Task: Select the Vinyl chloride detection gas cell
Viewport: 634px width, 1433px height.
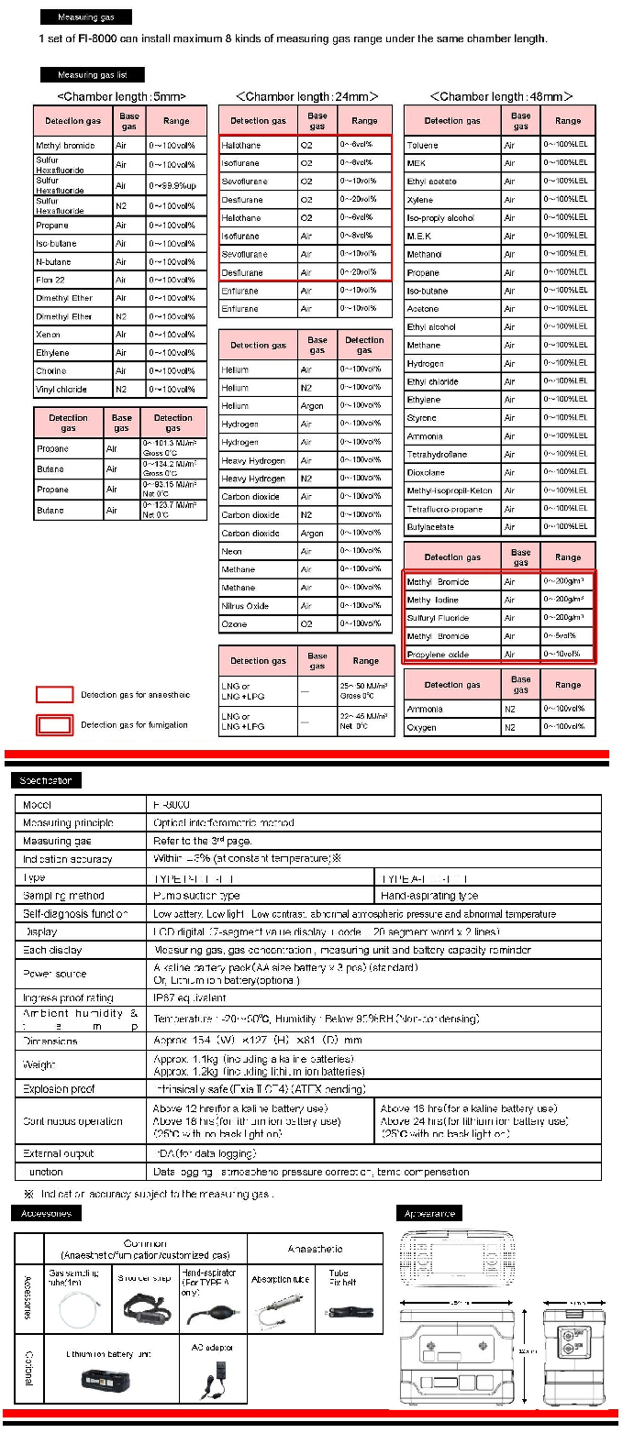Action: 61,390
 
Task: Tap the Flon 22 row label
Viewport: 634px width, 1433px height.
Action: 51,281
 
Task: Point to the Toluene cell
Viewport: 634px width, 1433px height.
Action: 423,145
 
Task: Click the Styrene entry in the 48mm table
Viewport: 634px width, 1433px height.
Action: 422,418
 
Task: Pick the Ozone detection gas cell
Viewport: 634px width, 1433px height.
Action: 235,624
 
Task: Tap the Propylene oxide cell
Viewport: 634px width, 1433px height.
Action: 439,654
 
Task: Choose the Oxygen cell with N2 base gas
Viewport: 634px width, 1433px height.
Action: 422,728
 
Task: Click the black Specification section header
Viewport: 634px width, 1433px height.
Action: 47,780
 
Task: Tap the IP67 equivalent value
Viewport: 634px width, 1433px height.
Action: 189,998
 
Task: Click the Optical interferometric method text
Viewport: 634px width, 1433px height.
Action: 223,822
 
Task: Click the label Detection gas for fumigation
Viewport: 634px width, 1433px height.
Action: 134,725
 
